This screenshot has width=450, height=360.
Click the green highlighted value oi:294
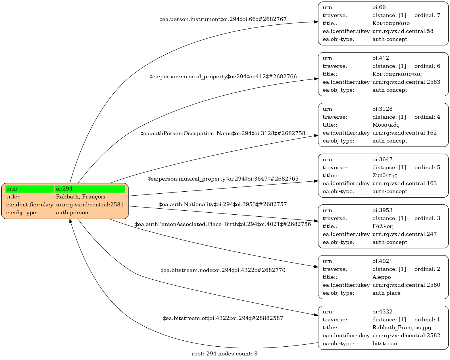[x=90, y=189]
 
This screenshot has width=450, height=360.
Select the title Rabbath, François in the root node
[x=80, y=197]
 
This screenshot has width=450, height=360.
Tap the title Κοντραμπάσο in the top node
[x=391, y=23]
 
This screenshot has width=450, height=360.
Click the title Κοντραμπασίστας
[x=397, y=74]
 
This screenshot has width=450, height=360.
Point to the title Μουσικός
[x=386, y=125]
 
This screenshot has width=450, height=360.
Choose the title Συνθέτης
[x=385, y=175]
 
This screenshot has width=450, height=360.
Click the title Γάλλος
[x=382, y=226]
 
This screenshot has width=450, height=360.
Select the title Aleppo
[x=382, y=277]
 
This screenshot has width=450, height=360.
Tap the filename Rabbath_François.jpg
[x=402, y=328]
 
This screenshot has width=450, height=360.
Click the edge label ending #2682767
[x=223, y=19]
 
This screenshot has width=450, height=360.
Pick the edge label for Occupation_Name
[x=223, y=133]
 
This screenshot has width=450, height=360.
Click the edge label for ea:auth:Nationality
[x=223, y=204]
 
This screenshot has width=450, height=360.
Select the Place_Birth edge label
[x=223, y=224]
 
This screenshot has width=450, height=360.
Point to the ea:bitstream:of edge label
[x=223, y=318]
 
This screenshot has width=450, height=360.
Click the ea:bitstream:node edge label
[x=223, y=270]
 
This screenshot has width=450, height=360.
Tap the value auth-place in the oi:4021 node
[x=386, y=293]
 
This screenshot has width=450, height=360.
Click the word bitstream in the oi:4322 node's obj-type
[x=386, y=344]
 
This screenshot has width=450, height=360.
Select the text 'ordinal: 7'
[x=427, y=15]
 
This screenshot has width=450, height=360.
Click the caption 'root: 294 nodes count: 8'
[x=224, y=354]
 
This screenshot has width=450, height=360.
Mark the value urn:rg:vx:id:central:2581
[x=90, y=205]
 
